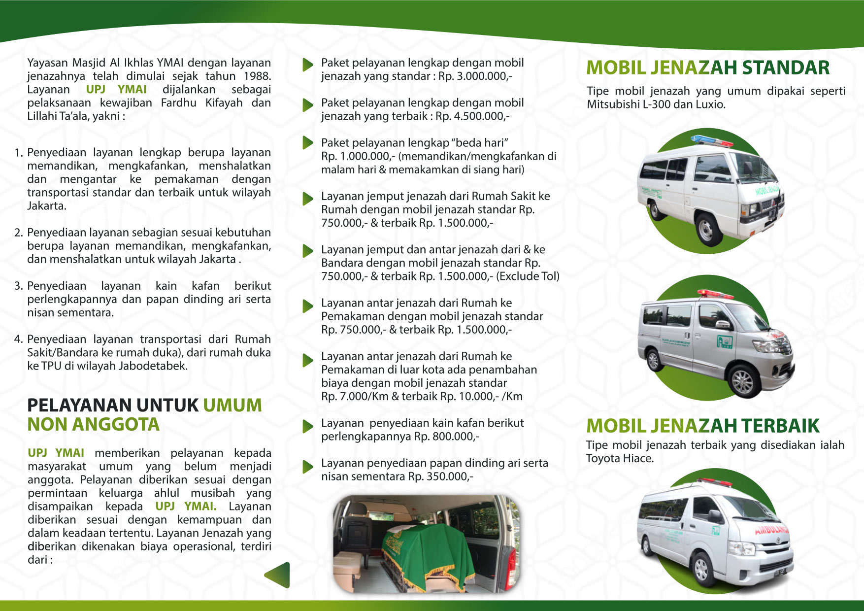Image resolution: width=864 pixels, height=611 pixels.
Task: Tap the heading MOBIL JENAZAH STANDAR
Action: click(x=708, y=68)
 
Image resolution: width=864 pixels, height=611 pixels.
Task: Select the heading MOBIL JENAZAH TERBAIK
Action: click(x=702, y=426)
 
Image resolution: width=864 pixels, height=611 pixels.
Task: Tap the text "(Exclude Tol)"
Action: click(x=528, y=276)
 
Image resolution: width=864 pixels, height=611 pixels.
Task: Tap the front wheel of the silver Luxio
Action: click(x=742, y=381)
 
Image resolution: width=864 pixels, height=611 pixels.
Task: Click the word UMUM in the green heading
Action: click(x=232, y=406)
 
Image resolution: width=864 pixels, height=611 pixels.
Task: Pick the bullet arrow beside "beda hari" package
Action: click(x=308, y=143)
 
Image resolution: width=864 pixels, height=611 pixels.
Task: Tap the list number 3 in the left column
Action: click(x=18, y=286)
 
